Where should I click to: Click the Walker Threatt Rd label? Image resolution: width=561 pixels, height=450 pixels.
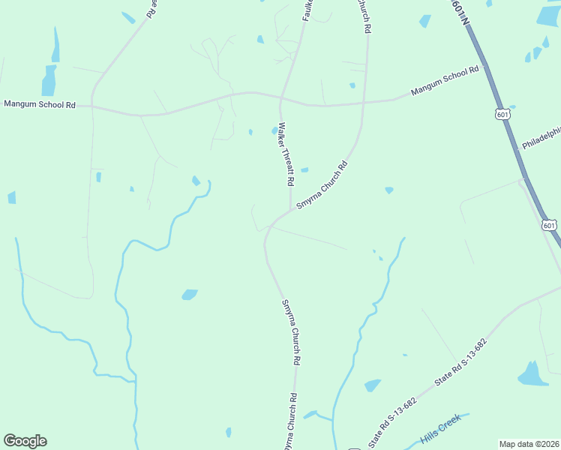click(x=286, y=154)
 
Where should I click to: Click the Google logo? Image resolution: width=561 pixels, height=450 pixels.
click(x=25, y=441)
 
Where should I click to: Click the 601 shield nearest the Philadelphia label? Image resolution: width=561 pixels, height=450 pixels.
click(x=502, y=114)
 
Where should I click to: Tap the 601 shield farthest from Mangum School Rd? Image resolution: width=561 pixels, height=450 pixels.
click(x=549, y=225)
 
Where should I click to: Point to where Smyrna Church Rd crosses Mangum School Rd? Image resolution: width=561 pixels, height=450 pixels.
click(x=364, y=102)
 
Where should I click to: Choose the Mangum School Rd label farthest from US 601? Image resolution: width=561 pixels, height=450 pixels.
click(x=39, y=105)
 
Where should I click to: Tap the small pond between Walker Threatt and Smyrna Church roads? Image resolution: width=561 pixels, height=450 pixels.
click(x=304, y=170)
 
